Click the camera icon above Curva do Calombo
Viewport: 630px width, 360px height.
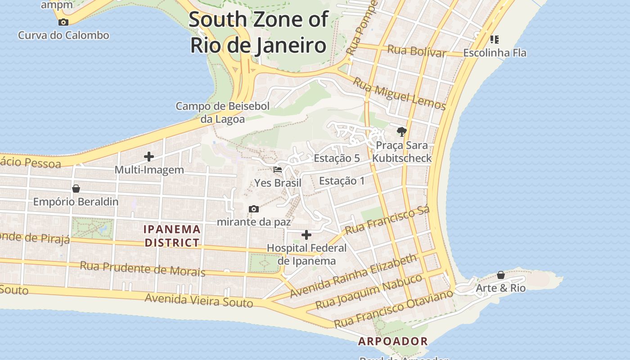63,22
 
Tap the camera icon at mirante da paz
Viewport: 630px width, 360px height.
254,209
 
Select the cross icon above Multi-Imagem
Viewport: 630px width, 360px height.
149,157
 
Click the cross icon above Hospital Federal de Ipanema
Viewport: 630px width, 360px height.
306,235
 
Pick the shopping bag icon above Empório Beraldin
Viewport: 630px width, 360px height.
76,188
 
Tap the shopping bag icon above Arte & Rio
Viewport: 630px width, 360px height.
501,274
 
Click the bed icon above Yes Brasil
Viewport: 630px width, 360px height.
278,170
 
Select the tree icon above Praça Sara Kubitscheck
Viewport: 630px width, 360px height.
401,132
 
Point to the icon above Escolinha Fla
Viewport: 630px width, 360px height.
495,40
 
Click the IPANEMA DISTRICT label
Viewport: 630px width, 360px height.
172,236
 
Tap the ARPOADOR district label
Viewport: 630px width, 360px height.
393,341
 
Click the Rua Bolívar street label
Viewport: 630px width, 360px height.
417,51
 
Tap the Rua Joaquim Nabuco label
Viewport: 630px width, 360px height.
369,292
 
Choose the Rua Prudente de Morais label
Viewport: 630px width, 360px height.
142,268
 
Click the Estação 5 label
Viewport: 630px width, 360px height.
337,158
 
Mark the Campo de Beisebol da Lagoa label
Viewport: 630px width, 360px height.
222,112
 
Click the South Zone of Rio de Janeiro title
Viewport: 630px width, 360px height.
258,32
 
